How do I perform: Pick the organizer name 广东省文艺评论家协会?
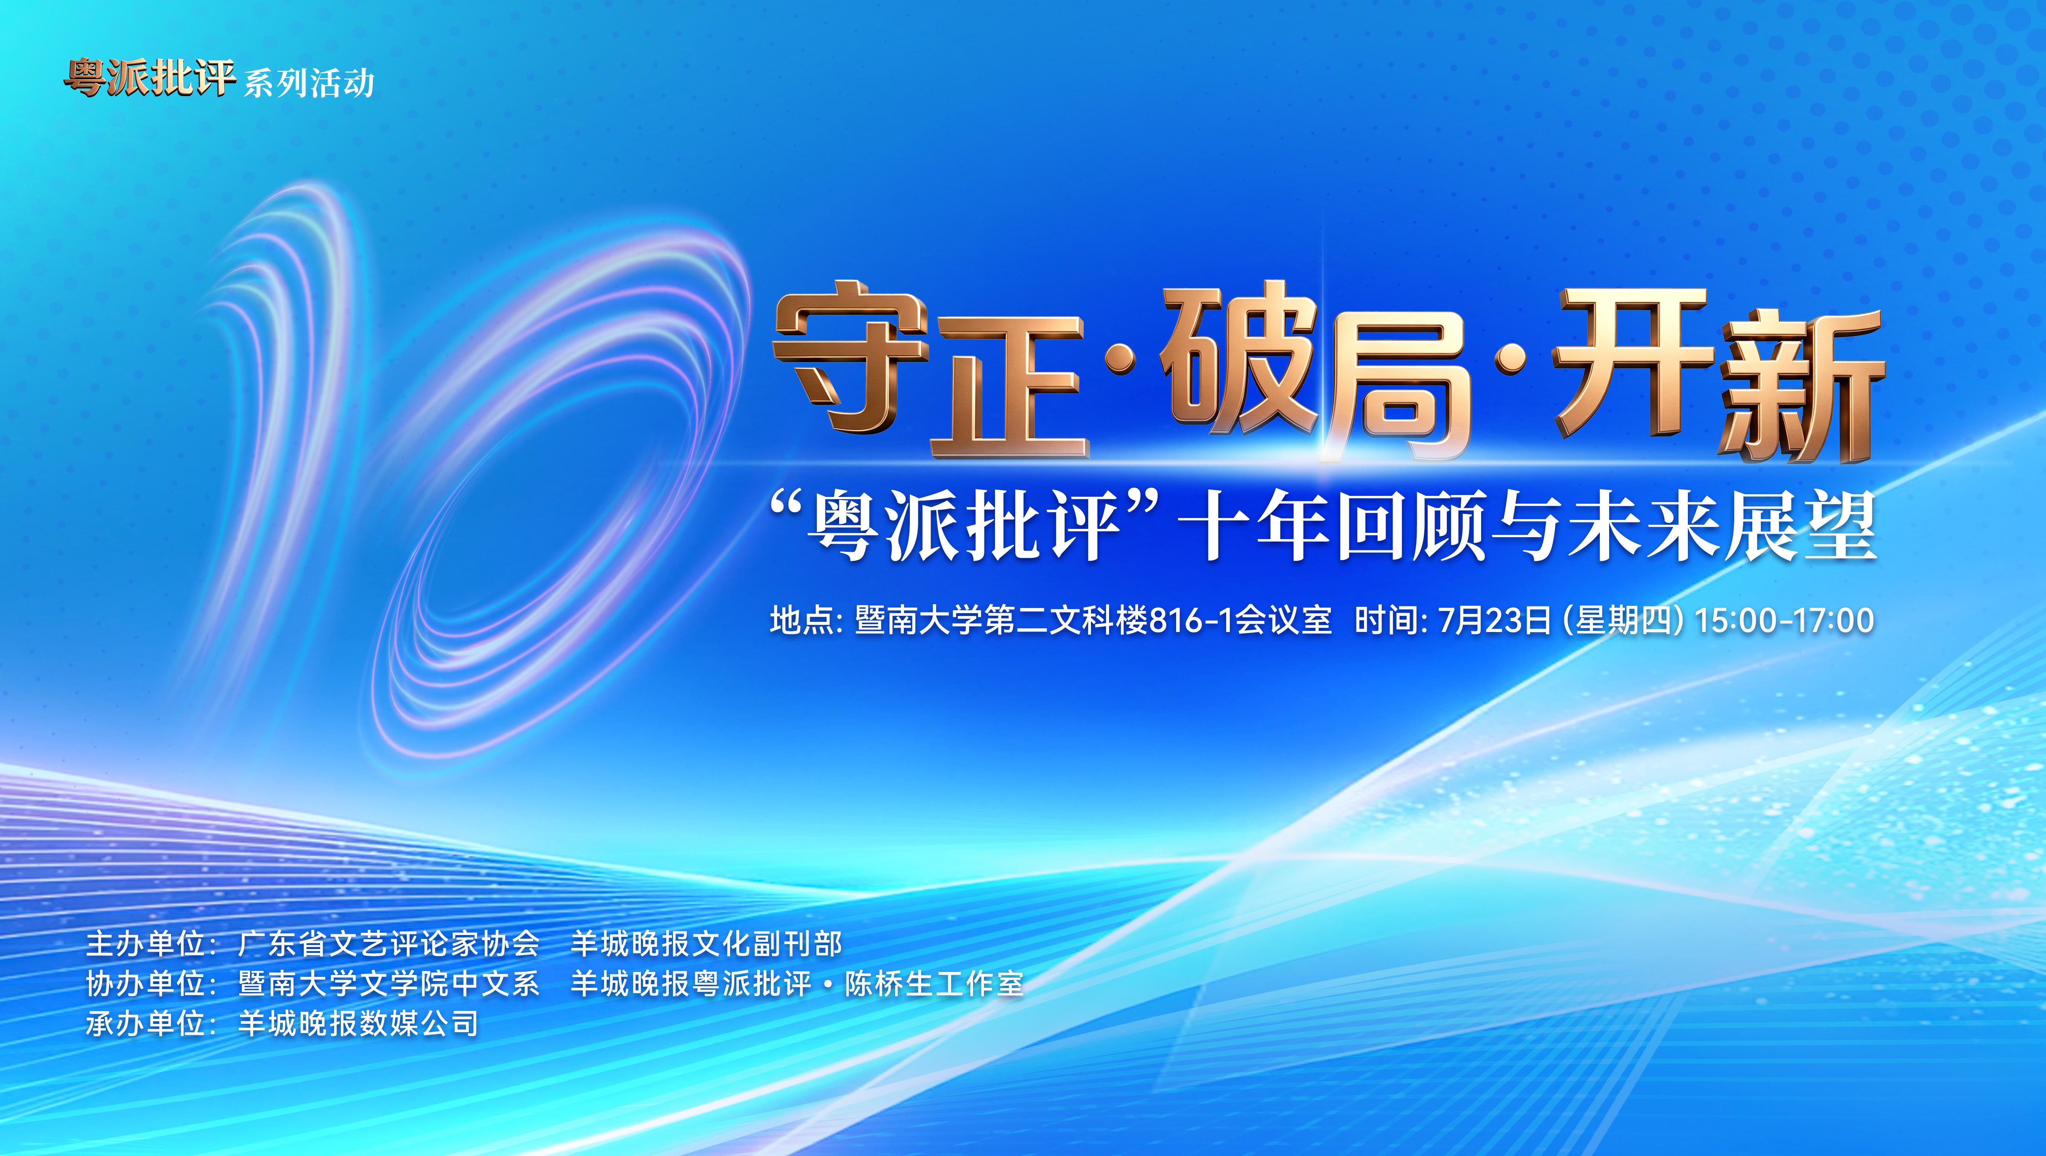tap(388, 944)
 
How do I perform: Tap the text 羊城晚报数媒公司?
tap(358, 1024)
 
